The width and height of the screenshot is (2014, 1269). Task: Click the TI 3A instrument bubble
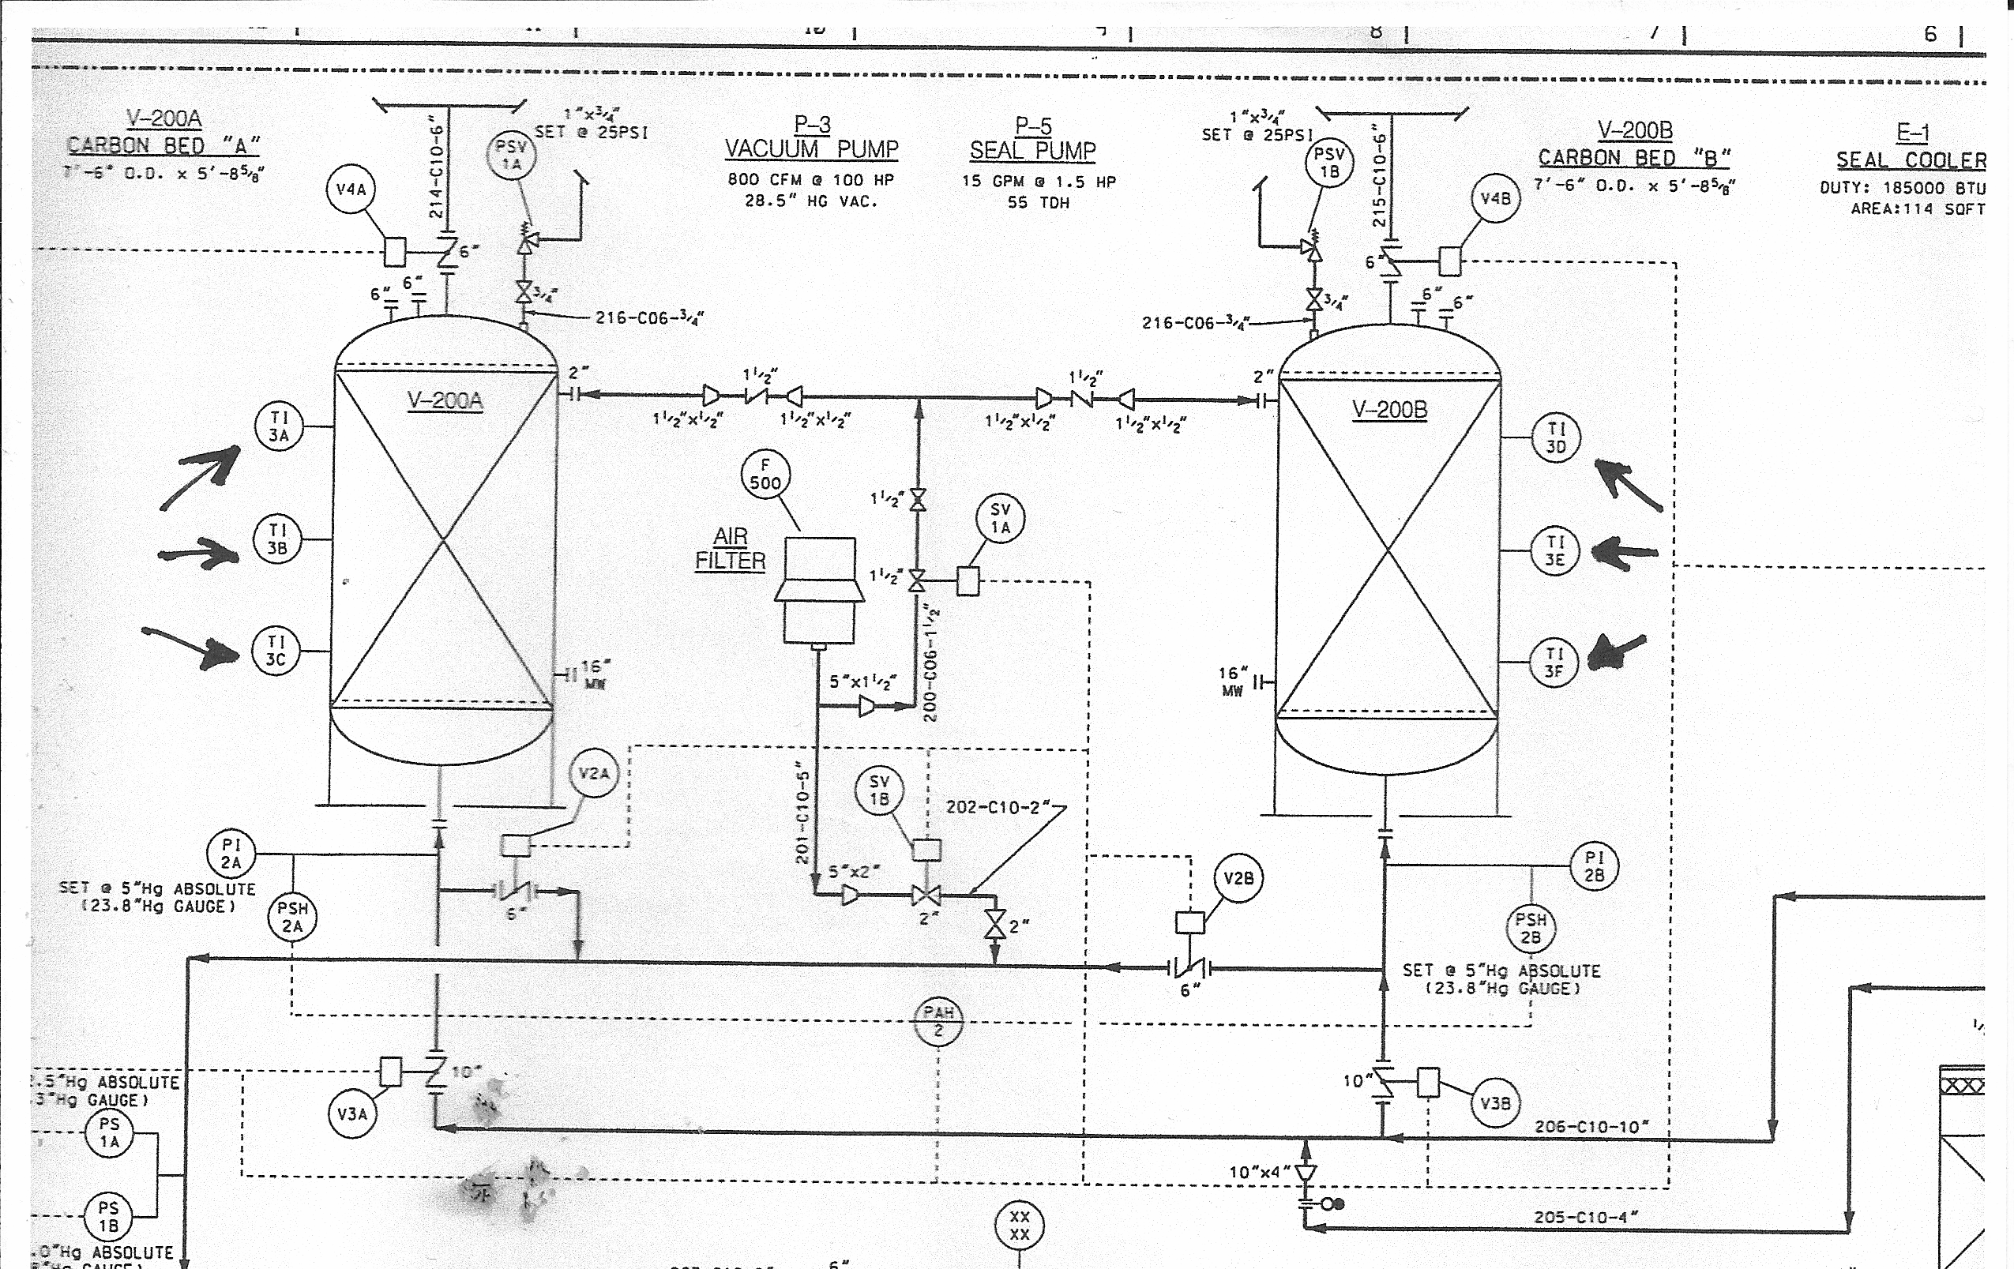279,426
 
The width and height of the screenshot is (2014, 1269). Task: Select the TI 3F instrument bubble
1554,663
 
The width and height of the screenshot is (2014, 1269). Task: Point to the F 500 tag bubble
765,474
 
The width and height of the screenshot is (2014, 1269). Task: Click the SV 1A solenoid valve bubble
1001,518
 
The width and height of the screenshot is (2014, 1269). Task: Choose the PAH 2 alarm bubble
937,1022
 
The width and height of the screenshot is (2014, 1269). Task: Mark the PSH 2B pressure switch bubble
1531,929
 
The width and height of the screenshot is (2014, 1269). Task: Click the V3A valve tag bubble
352,1114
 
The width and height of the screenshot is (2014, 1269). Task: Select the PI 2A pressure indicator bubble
231,854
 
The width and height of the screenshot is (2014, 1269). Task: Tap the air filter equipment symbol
819,590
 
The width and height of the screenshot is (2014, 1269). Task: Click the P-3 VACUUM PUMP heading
811,139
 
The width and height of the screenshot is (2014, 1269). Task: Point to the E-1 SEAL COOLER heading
1912,147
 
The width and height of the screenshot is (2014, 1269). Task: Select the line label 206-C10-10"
1591,1127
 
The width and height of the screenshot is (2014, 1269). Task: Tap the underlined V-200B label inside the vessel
1389,410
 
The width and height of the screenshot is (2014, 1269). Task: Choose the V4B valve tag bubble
1495,199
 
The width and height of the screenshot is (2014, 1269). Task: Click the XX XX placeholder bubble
1019,1226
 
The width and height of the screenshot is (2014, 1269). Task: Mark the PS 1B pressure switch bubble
109,1216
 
